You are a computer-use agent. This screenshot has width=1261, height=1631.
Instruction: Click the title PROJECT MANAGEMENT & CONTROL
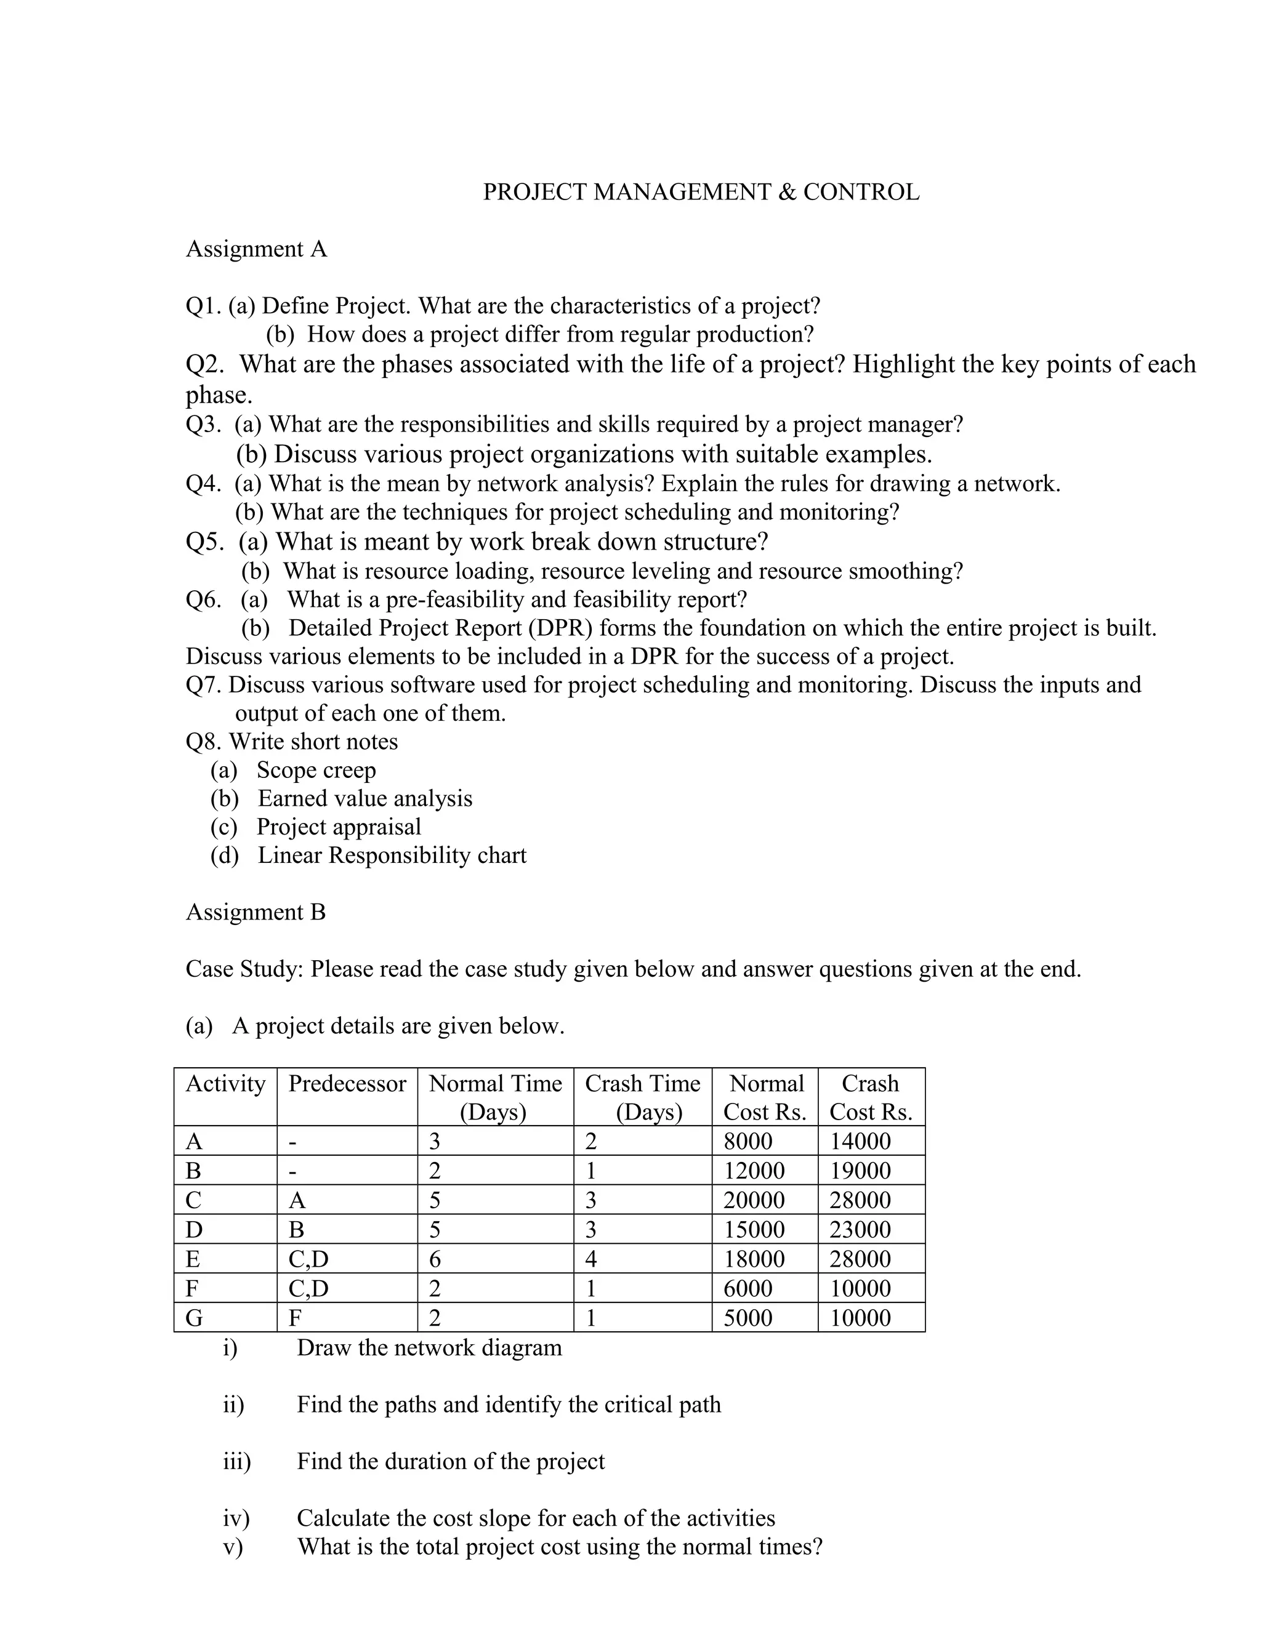tap(701, 192)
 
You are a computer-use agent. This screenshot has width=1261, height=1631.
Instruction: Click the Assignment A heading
tap(256, 249)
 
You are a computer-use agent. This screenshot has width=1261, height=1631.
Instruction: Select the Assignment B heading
tap(256, 912)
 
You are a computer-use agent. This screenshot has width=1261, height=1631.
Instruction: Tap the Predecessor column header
tap(347, 1084)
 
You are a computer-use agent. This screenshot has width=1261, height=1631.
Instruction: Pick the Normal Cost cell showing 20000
tap(754, 1200)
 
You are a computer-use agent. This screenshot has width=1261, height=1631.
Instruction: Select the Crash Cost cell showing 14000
tap(860, 1141)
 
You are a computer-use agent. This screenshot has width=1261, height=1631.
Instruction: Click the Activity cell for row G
tap(194, 1318)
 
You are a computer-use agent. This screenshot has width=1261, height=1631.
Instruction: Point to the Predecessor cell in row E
tap(308, 1259)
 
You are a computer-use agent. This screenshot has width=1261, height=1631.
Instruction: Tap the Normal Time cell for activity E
tap(435, 1259)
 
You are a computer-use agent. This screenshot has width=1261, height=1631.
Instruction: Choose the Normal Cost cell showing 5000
tap(747, 1318)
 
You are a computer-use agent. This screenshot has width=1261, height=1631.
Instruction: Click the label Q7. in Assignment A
tap(204, 685)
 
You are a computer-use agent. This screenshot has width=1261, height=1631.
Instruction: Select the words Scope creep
tap(316, 770)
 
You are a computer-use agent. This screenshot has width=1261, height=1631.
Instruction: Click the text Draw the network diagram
tap(429, 1348)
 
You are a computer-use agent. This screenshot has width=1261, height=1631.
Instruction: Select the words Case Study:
tap(244, 969)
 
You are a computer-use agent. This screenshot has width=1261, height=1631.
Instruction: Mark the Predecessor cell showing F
tap(295, 1318)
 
